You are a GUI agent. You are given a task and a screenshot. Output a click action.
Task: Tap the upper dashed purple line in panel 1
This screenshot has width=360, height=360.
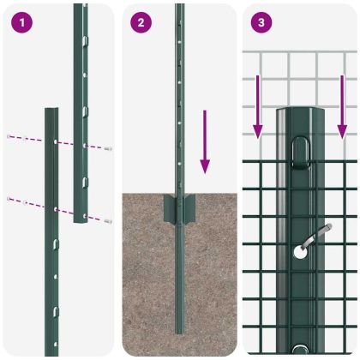(x=34, y=140)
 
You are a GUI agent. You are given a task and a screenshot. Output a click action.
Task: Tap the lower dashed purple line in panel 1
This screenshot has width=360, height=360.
(x=34, y=204)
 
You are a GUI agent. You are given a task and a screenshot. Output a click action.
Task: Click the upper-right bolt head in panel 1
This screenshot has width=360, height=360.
(x=109, y=149)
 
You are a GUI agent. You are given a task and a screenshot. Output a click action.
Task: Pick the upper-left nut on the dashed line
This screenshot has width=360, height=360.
(x=9, y=135)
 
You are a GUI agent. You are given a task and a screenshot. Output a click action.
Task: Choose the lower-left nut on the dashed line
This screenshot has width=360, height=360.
(x=9, y=199)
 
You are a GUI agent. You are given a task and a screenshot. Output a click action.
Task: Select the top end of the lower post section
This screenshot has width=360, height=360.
(x=51, y=111)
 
